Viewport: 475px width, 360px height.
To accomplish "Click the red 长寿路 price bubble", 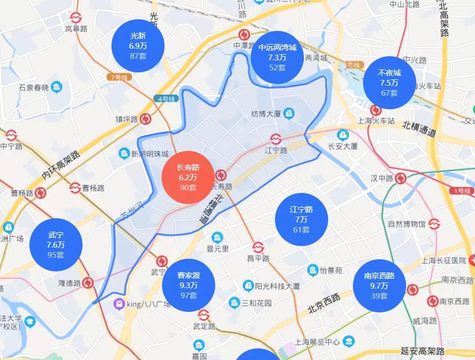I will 188,177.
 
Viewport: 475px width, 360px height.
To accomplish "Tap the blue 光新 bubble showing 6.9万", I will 138,46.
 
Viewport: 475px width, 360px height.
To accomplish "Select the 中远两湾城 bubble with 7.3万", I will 278,57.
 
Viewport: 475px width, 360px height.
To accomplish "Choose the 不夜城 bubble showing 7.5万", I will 389,83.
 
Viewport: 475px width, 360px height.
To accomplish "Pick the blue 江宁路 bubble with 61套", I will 301,219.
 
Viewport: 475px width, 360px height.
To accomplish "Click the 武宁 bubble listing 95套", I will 56,245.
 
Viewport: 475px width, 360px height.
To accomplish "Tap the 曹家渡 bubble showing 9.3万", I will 188,285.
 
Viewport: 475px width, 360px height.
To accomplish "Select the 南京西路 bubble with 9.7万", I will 379,286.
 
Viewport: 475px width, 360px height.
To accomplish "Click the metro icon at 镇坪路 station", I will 146,119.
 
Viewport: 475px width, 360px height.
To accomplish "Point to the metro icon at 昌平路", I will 258,247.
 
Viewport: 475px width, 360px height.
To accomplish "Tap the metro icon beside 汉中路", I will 401,178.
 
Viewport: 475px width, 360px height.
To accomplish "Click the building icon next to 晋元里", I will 217,237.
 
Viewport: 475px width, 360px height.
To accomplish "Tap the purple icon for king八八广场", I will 118,304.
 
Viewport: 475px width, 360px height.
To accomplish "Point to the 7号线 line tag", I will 120,77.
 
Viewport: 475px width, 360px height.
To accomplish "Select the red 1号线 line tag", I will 462,191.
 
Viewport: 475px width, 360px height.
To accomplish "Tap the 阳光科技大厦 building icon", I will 248,286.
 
